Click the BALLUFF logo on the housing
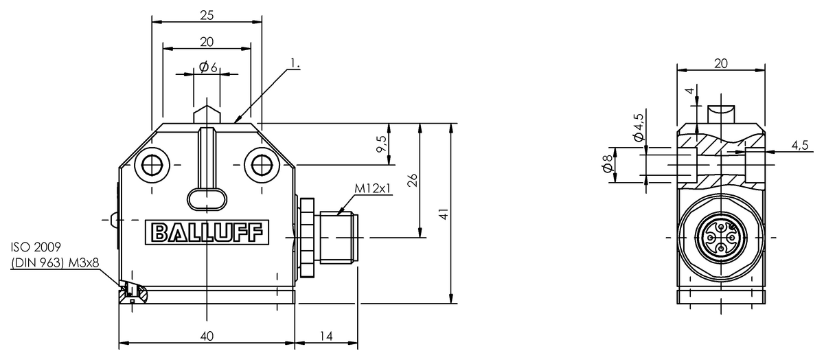[207, 232]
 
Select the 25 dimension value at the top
[207, 15]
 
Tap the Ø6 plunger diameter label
[208, 67]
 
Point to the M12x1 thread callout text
[373, 188]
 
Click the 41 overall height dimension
[444, 214]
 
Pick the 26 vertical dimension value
[413, 180]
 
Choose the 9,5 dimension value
[382, 144]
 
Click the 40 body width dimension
[207, 336]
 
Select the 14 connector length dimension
[326, 336]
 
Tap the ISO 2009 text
[36, 247]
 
